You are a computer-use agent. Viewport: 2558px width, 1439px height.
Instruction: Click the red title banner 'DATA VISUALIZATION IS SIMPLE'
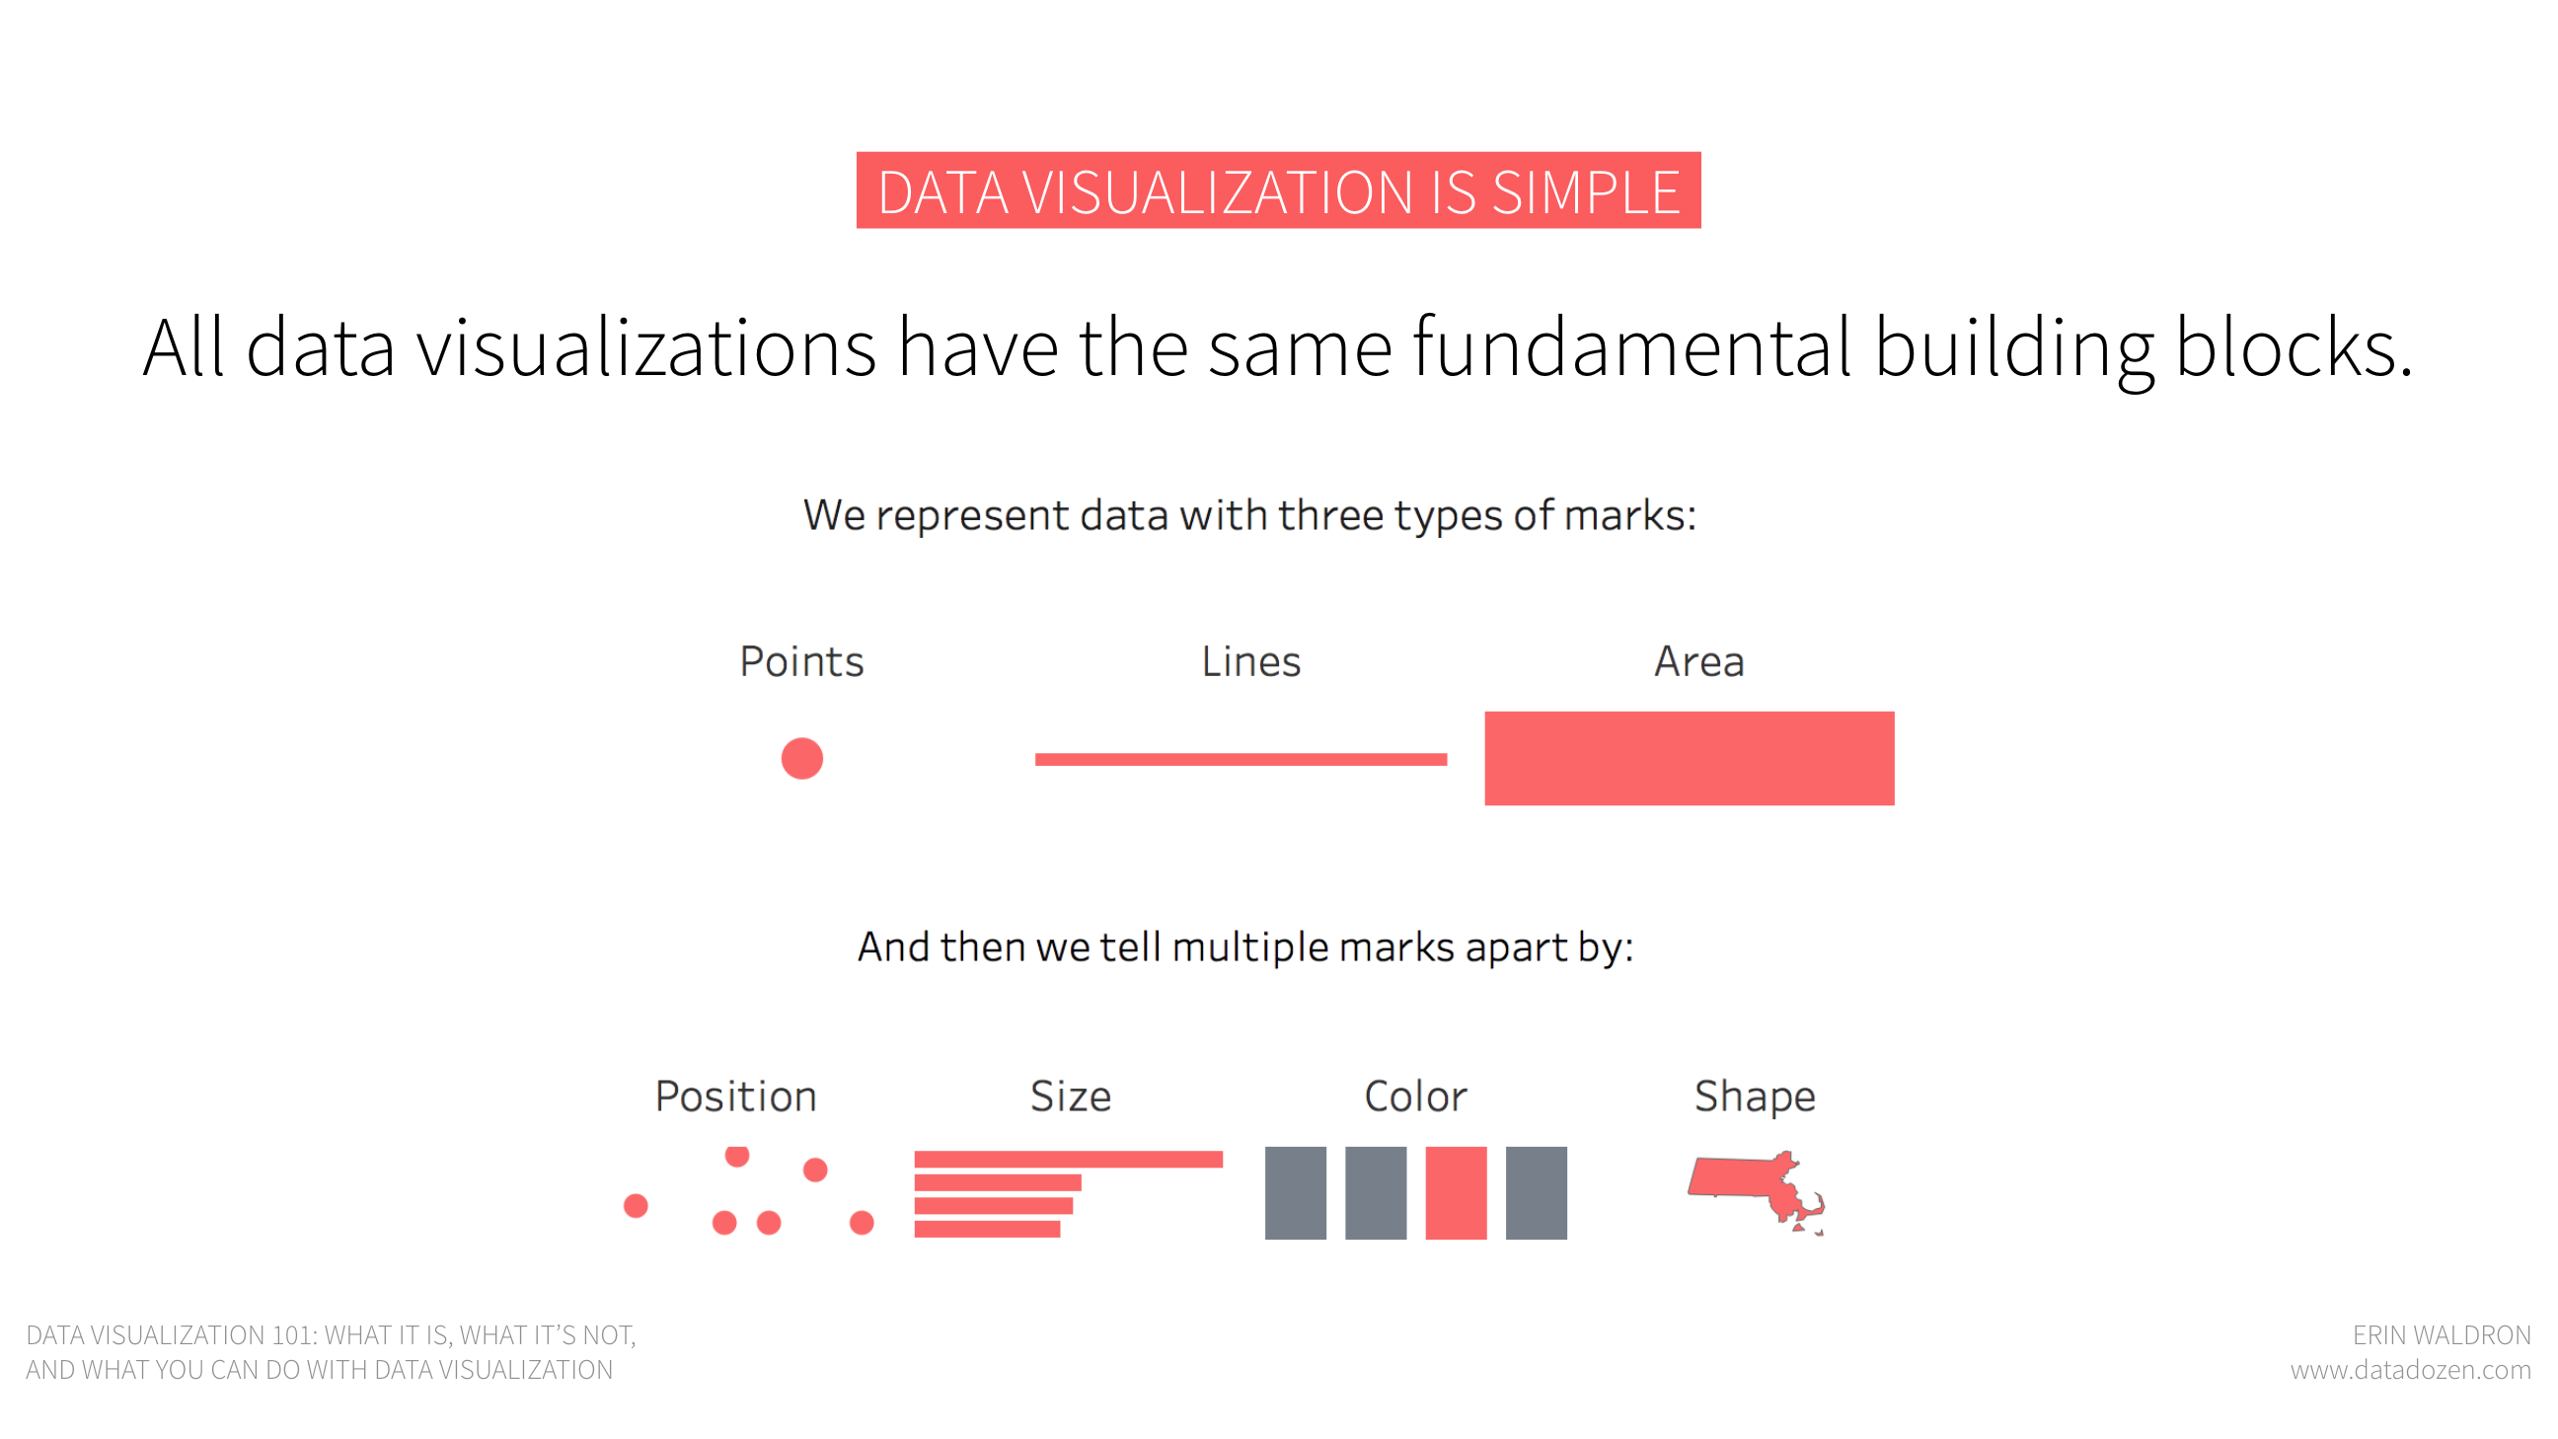1278,189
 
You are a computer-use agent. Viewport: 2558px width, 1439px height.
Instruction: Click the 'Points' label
801,661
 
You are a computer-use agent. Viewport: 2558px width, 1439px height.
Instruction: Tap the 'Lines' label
1250,661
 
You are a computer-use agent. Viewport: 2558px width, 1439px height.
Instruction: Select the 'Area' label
1698,661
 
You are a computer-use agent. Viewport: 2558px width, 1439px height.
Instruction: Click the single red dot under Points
801,759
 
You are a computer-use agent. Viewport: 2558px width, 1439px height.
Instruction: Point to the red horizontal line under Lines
1241,760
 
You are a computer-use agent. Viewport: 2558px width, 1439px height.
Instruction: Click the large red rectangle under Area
1690,759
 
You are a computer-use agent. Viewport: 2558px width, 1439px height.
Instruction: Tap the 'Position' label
736,1097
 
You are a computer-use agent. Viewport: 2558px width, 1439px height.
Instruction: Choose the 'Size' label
1071,1097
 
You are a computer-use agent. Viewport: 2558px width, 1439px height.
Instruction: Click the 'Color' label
1415,1097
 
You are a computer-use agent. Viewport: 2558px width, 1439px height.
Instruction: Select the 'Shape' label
1755,1098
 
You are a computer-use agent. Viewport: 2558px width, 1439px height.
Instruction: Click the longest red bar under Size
1069,1159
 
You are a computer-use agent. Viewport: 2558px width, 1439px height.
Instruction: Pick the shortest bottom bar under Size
987,1230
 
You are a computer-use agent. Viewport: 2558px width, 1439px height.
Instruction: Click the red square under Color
1456,1192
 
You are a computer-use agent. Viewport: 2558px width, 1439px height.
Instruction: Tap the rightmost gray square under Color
1537,1192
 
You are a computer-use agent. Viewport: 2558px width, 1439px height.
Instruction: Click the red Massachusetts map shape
1738,1180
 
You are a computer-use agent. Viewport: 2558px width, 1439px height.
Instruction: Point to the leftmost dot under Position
636,1206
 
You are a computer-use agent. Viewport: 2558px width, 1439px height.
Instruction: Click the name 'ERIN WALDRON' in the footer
2441,1334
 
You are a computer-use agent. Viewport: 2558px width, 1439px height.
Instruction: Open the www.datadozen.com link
2410,1371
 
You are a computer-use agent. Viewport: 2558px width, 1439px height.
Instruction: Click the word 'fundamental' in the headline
1631,346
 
